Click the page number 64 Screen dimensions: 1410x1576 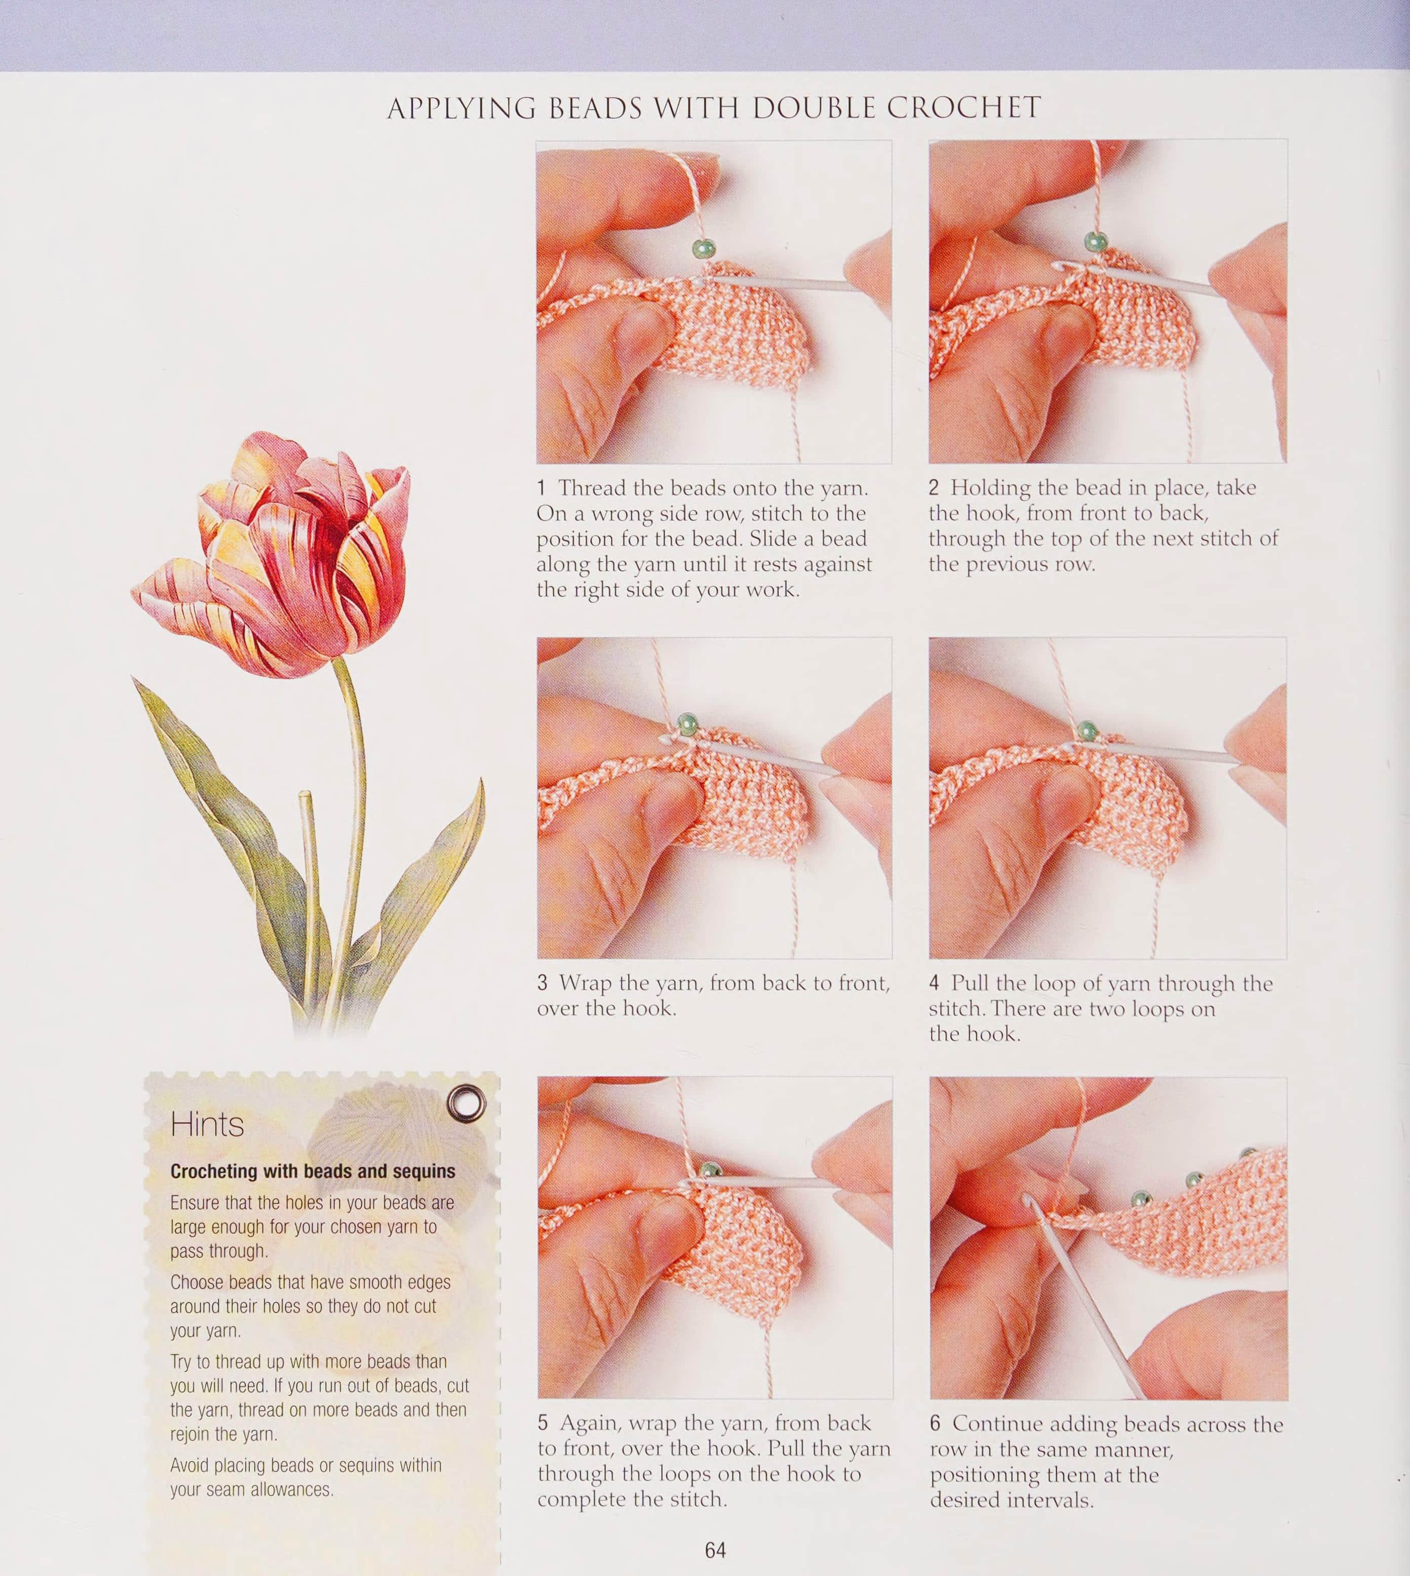[x=715, y=1550]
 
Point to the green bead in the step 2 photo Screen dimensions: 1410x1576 [x=1095, y=242]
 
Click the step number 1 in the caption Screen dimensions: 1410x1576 [x=542, y=488]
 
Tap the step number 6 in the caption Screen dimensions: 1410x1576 [x=935, y=1424]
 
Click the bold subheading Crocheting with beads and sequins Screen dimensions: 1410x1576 [x=313, y=1172]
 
